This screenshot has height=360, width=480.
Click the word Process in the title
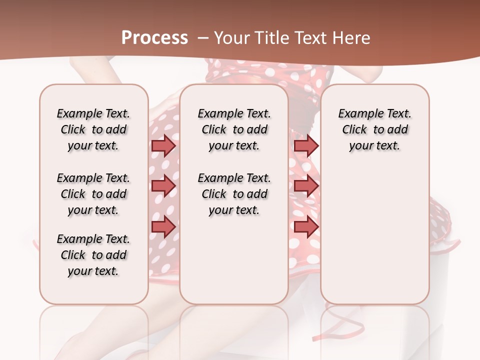pos(155,38)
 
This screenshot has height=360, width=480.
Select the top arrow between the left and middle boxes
pos(163,145)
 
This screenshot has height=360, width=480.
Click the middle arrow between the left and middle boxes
pos(163,186)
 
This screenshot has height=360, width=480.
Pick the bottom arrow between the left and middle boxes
pos(163,226)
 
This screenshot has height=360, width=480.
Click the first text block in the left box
pos(93,129)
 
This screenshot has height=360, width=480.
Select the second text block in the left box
pos(93,194)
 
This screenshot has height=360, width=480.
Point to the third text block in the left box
pos(93,255)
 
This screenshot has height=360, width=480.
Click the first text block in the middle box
pos(234,129)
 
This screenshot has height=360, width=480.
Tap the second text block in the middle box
pos(234,194)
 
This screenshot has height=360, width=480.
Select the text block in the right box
pos(374,129)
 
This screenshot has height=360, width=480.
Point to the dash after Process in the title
pos(203,38)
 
